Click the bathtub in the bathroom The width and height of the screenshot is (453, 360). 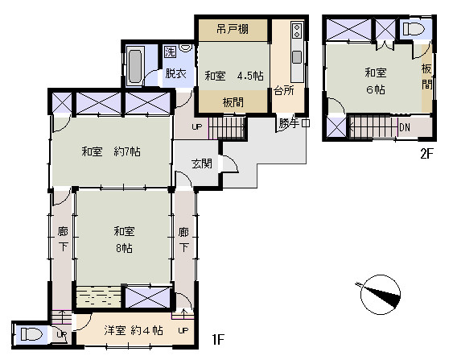click(135, 66)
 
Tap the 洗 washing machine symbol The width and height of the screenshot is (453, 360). click(170, 52)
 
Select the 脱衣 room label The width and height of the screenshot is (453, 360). click(175, 73)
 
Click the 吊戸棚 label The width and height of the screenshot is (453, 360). click(233, 29)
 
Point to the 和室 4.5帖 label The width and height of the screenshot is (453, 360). click(234, 76)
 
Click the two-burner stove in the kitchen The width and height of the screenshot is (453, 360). click(297, 31)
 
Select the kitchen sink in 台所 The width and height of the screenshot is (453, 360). click(297, 57)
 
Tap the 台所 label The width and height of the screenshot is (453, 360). click(284, 90)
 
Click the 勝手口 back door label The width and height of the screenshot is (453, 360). click(294, 123)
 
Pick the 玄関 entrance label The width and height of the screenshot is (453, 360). click(202, 163)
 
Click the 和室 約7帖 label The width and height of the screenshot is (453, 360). click(111, 151)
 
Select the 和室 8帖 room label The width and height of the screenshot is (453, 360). click(124, 239)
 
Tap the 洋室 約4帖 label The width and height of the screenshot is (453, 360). click(134, 330)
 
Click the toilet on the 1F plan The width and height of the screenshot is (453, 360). click(31, 334)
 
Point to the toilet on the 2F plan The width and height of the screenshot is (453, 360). click(414, 29)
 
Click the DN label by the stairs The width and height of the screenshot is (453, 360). click(405, 127)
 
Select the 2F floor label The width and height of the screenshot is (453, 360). click(427, 154)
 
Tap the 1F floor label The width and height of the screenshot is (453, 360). click(218, 339)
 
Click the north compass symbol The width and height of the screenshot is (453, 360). click(380, 294)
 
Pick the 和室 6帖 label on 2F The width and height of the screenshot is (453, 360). click(376, 81)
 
